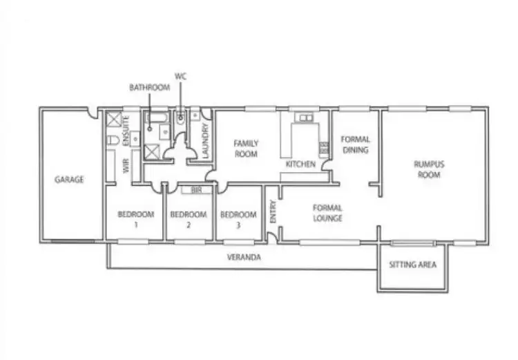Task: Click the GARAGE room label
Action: coord(69,180)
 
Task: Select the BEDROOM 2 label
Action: coord(189,219)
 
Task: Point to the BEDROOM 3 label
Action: coord(238,219)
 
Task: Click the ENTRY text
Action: coord(273,211)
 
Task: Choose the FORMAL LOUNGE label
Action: coord(328,213)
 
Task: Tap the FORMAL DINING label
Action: coord(355,144)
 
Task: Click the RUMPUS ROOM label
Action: coord(428,169)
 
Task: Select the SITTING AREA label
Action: coord(412,265)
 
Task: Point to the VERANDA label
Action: coord(243,257)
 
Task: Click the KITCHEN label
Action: coord(300,164)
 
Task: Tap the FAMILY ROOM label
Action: coord(245,149)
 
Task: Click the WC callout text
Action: coord(182,76)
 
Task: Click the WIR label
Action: coord(126,166)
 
